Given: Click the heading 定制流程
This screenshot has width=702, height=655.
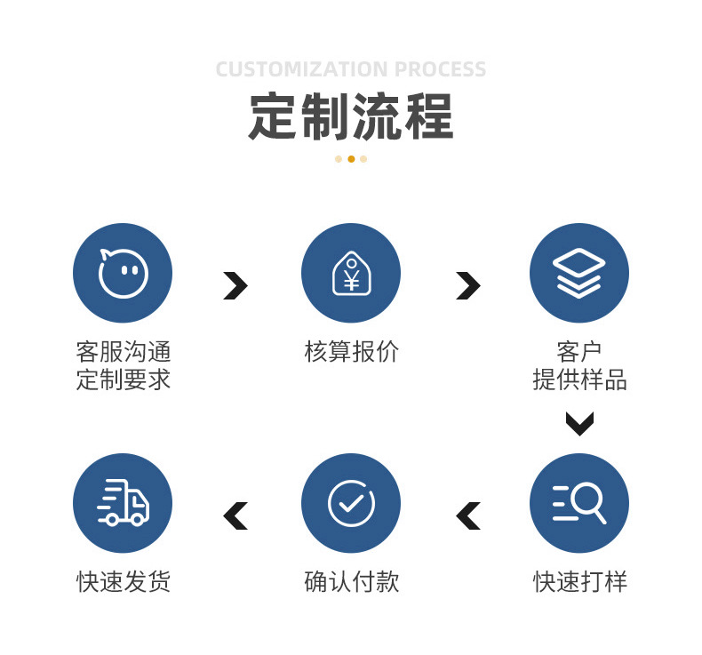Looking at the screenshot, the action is pyautogui.click(x=350, y=116).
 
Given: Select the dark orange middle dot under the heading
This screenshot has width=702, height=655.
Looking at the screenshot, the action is pyautogui.click(x=351, y=159).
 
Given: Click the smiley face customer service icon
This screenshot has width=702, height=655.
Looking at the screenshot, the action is pyautogui.click(x=123, y=273).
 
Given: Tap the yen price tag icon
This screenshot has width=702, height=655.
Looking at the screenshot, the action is pyautogui.click(x=351, y=273).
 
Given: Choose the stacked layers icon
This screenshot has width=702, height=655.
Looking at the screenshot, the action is pyautogui.click(x=578, y=273).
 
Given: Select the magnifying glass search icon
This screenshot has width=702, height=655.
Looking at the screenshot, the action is pyautogui.click(x=578, y=503).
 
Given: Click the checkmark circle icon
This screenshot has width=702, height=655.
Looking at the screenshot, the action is pyautogui.click(x=351, y=503).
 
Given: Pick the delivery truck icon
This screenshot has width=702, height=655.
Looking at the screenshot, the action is pyautogui.click(x=123, y=503).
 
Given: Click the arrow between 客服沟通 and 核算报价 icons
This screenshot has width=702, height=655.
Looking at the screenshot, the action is pyautogui.click(x=235, y=285).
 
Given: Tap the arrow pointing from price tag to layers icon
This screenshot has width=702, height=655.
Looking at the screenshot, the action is pyautogui.click(x=467, y=285).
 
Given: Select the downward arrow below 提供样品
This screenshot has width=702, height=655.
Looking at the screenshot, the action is pyautogui.click(x=579, y=423).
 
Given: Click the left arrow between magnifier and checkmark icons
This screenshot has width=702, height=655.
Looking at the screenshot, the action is pyautogui.click(x=467, y=515).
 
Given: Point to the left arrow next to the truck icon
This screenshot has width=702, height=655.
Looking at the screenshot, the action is pyautogui.click(x=235, y=515).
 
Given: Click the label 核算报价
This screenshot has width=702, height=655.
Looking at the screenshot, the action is pyautogui.click(x=351, y=352).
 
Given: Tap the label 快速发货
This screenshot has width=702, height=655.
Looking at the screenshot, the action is pyautogui.click(x=123, y=582).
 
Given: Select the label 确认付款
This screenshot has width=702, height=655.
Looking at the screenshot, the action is pyautogui.click(x=351, y=582).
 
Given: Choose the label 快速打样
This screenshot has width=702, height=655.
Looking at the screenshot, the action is pyautogui.click(x=579, y=582).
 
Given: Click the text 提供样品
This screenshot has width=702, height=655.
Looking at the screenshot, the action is pyautogui.click(x=579, y=380).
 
